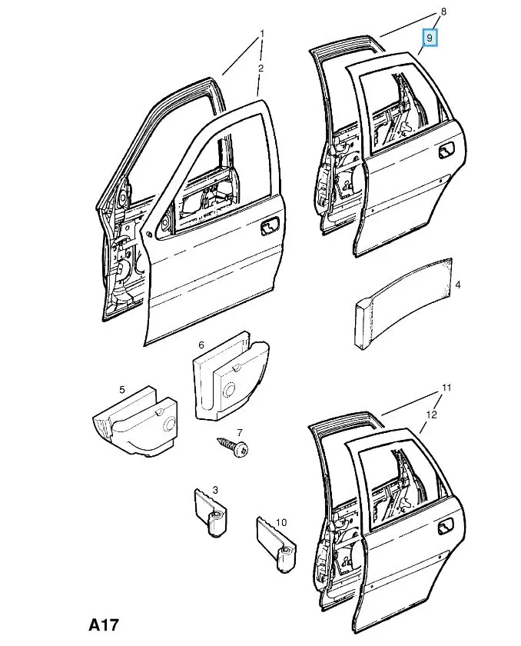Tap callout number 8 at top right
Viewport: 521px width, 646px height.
pyautogui.click(x=443, y=12)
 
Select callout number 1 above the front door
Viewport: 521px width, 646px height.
pyautogui.click(x=261, y=34)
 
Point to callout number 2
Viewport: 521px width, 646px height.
pyautogui.click(x=261, y=68)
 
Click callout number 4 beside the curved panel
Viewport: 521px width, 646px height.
pyautogui.click(x=458, y=285)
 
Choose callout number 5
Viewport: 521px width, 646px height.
pyautogui.click(x=122, y=390)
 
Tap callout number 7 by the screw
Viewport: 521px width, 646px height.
pyautogui.click(x=239, y=433)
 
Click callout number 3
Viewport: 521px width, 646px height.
pyautogui.click(x=215, y=490)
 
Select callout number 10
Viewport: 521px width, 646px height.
pyautogui.click(x=281, y=523)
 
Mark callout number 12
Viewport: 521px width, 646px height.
pyautogui.click(x=432, y=415)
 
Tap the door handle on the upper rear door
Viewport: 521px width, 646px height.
pyautogui.click(x=446, y=153)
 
